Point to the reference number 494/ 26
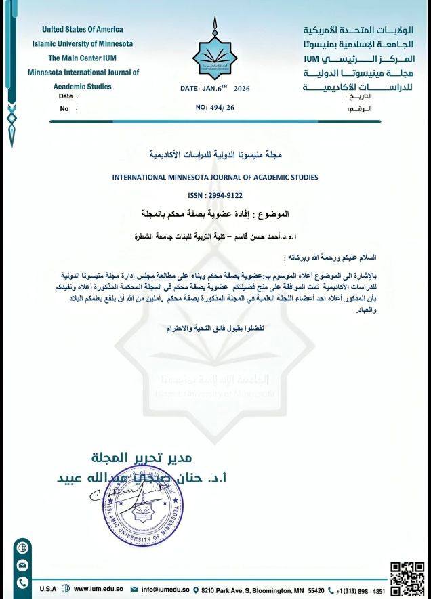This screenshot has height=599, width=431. pyautogui.click(x=215, y=108)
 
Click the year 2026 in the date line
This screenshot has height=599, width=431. pyautogui.click(x=241, y=89)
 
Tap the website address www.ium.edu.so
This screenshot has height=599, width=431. pyautogui.click(x=97, y=590)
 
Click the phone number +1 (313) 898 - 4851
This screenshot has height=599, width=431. pyautogui.click(x=360, y=590)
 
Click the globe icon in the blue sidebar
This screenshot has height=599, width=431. pyautogui.click(x=22, y=547)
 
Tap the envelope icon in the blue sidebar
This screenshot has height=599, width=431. pyautogui.click(x=22, y=564)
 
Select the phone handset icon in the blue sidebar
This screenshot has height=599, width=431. pyautogui.click(x=22, y=582)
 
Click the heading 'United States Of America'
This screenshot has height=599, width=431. pyautogui.click(x=83, y=30)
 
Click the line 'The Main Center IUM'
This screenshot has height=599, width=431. pyautogui.click(x=83, y=58)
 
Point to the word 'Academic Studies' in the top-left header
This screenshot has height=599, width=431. pyautogui.click(x=83, y=87)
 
